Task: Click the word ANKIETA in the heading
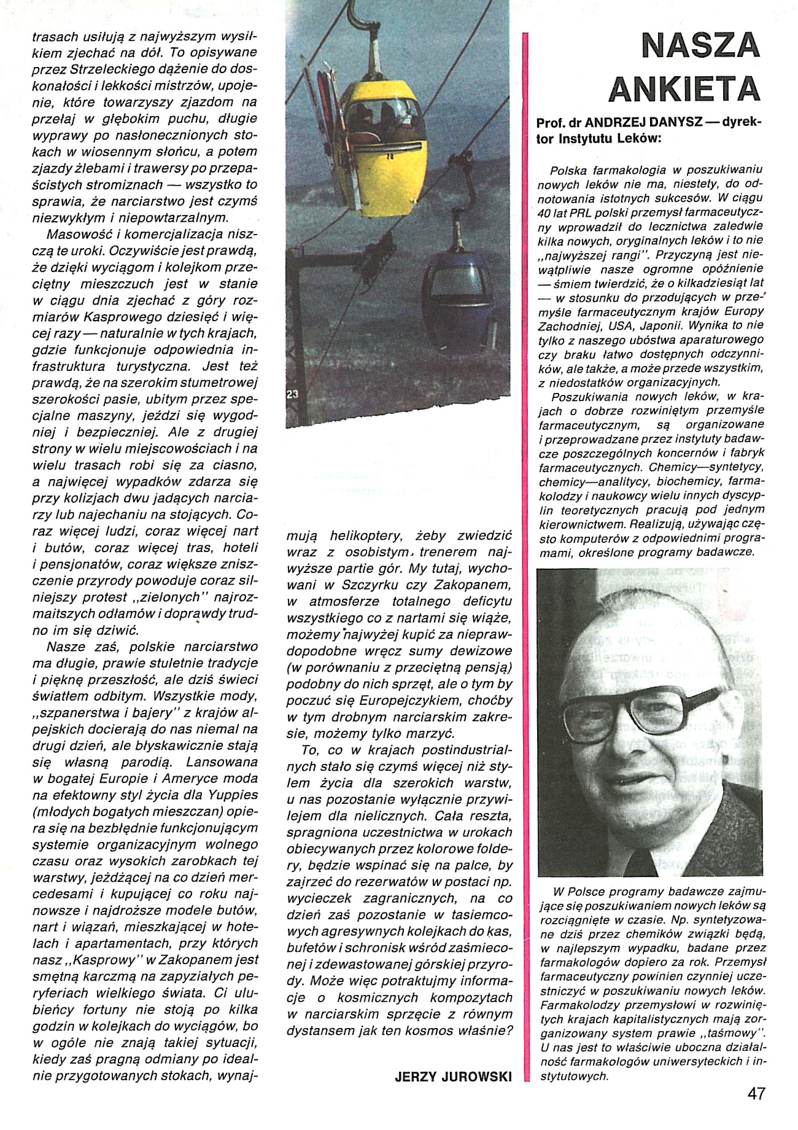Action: pos(684,89)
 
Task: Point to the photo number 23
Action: pos(292,396)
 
